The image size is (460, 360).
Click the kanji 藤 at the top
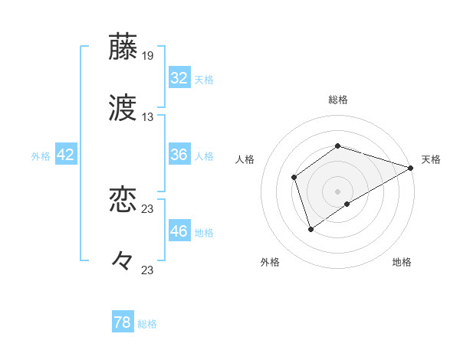click(123, 46)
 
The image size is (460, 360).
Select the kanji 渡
click(123, 108)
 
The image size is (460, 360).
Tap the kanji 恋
click(123, 200)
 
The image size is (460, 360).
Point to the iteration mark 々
click(123, 261)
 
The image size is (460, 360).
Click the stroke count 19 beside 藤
click(148, 56)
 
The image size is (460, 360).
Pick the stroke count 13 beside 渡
click(148, 117)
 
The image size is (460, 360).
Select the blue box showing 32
click(179, 78)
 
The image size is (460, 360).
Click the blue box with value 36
click(179, 155)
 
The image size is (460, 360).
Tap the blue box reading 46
click(179, 231)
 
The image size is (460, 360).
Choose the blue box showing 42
click(66, 155)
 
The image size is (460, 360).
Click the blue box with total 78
click(123, 322)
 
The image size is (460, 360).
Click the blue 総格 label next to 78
click(148, 324)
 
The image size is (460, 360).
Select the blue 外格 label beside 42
click(41, 156)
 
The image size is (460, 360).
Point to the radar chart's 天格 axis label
click(431, 159)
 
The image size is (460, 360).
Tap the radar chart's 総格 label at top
click(338, 100)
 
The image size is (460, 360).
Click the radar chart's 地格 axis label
click(402, 262)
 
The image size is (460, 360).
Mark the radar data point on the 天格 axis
click(411, 168)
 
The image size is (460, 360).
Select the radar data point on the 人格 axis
click(294, 178)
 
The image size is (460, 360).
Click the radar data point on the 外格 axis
click(310, 228)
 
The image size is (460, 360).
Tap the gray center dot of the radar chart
click(337, 191)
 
